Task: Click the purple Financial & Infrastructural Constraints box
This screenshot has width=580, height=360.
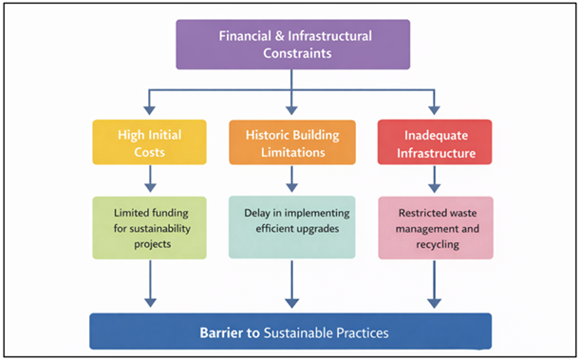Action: tap(291, 44)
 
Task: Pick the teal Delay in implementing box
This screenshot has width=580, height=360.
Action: tap(291, 227)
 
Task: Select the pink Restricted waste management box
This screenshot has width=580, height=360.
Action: tap(434, 227)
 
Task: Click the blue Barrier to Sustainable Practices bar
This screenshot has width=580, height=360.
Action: tap(291, 332)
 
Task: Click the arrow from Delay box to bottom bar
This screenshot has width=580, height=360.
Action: tap(291, 283)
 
